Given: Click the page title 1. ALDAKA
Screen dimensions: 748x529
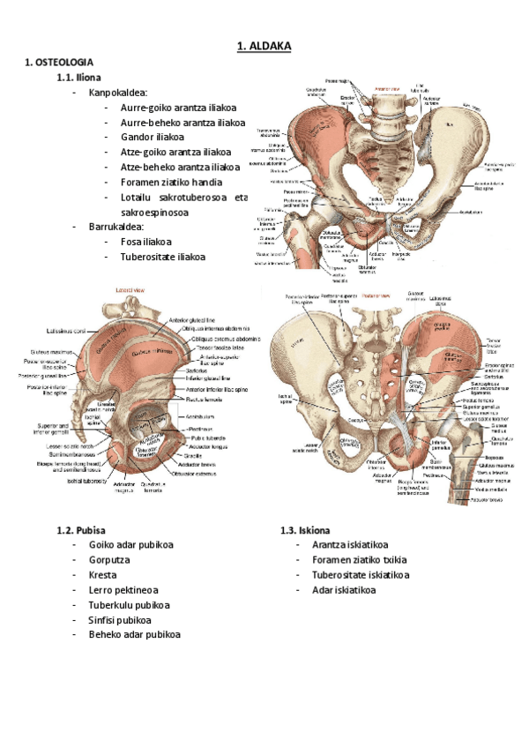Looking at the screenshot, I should [264, 46].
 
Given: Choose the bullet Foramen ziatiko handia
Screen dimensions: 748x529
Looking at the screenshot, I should [177, 182].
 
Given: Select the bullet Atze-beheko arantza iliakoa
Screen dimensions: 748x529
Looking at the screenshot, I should [181, 167].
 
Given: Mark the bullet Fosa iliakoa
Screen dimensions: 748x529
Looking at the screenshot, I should [146, 242].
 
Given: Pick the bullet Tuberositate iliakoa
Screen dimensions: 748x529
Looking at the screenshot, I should [163, 257].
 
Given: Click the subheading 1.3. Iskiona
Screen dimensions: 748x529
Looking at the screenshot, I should [305, 530].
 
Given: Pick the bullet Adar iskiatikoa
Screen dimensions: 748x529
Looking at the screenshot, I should [343, 590].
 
